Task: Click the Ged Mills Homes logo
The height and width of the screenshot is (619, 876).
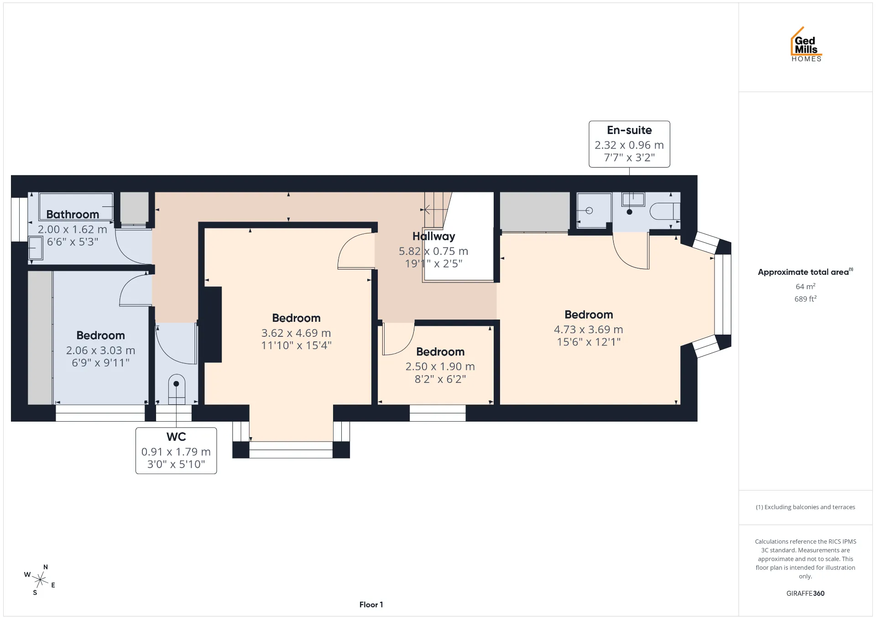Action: tap(806, 44)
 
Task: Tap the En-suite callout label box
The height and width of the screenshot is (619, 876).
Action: tap(629, 144)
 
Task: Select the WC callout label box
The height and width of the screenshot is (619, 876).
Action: tap(176, 450)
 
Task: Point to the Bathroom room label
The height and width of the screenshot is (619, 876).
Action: tap(73, 214)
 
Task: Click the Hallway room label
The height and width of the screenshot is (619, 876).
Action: tap(434, 236)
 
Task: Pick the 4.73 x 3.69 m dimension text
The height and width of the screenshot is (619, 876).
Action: tap(589, 330)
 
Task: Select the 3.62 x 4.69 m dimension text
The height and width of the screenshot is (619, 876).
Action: tap(296, 333)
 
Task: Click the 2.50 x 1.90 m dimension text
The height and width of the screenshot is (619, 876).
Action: tap(440, 366)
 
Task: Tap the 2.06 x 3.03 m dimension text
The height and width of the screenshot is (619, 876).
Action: tap(101, 351)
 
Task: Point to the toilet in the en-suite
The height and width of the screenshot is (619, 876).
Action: tap(665, 211)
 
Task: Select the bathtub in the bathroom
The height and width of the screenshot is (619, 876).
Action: tap(76, 206)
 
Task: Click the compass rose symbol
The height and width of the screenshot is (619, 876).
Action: tap(40, 580)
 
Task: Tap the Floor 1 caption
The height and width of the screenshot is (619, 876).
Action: tap(371, 605)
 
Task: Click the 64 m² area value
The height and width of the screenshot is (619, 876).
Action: tap(806, 286)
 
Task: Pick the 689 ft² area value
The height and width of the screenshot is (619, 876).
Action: tap(806, 299)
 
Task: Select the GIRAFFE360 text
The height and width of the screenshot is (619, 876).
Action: tap(806, 593)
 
